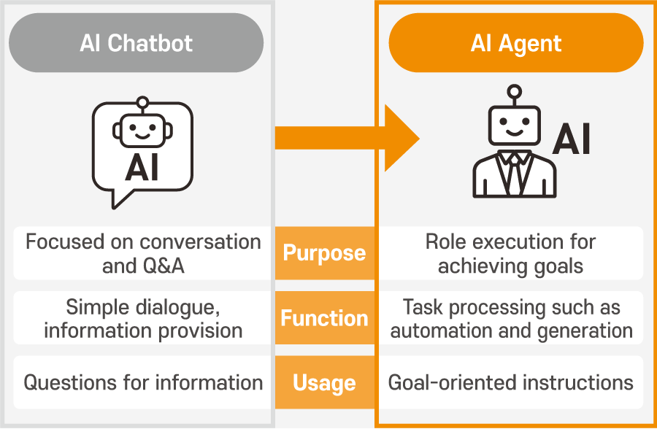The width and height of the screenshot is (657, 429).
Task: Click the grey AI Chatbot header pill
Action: pos(137,43)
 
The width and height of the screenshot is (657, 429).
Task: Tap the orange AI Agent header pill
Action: pos(516,43)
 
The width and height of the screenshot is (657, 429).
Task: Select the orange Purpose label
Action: pos(324,253)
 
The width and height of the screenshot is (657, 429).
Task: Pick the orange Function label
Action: pos(324,318)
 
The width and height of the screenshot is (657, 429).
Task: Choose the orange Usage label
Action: pos(324,382)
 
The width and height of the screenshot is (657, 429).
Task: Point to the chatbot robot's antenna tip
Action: pos(142,101)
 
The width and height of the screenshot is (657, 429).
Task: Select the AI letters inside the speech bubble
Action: pos(142,167)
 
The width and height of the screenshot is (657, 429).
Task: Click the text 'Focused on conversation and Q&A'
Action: pos(143,253)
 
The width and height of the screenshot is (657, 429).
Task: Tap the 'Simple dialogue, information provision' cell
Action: pos(143,318)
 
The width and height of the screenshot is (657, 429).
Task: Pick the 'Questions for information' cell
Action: pos(143,382)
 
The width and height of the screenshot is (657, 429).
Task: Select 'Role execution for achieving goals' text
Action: pos(510,253)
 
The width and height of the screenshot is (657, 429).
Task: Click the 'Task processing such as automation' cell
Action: pos(511,318)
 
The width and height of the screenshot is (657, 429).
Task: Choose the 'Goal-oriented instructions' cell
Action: pos(511,382)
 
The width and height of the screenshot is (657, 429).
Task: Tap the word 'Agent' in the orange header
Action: pos(535,43)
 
